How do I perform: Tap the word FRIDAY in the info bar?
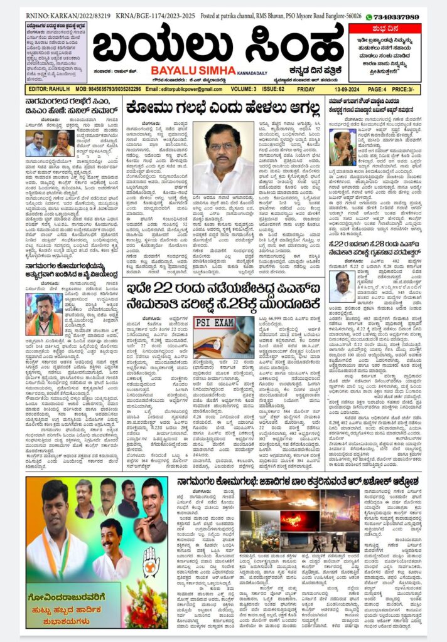coord(305,89)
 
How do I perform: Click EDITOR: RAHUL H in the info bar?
coord(48,89)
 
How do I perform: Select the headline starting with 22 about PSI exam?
coord(223,299)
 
